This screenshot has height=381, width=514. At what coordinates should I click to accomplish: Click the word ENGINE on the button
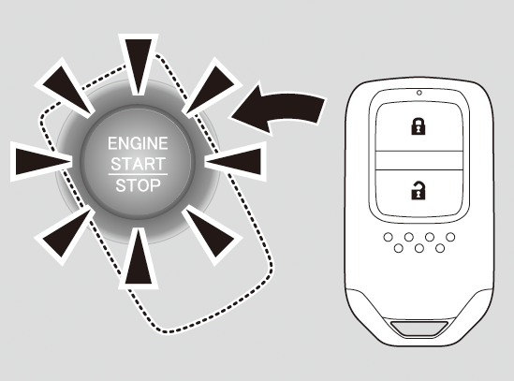tap(138, 143)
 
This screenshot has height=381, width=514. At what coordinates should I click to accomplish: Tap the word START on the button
tap(138, 164)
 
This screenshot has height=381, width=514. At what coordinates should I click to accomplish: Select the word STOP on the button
tap(138, 185)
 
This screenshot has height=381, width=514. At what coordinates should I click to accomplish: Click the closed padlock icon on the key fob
tap(419, 126)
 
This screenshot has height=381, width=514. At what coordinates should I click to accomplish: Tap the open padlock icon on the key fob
tap(419, 190)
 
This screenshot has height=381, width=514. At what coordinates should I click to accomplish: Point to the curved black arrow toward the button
tap(279, 109)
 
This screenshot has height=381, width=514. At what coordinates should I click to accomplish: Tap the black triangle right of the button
tap(235, 162)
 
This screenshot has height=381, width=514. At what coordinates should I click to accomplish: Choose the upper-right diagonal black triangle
tap(210, 90)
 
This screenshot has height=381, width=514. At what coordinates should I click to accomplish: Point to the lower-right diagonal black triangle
tap(210, 233)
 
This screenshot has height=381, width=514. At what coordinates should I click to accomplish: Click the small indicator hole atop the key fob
tap(419, 93)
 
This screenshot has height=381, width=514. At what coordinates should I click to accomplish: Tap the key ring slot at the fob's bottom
tap(419, 329)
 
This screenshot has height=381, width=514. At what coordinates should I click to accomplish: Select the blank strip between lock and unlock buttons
tap(419, 160)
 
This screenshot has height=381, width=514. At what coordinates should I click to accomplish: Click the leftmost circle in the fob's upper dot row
tap(389, 237)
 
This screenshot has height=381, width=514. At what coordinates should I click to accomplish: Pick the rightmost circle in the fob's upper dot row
tap(450, 237)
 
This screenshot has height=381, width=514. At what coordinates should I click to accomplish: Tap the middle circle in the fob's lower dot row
tap(419, 248)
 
